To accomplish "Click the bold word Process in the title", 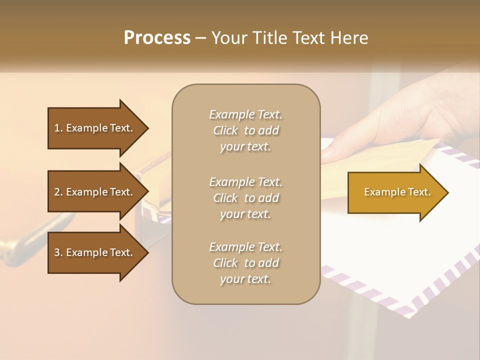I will click(157, 37).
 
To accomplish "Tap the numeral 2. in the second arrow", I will click(58, 192).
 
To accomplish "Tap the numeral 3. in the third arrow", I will click(58, 252).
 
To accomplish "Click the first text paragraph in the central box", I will click(245, 130).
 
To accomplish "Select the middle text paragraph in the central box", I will click(245, 198).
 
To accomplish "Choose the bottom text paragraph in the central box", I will click(245, 263).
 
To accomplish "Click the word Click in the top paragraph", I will click(225, 130).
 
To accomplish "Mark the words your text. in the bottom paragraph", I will click(245, 279).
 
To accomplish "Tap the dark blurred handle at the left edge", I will click(20, 245).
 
